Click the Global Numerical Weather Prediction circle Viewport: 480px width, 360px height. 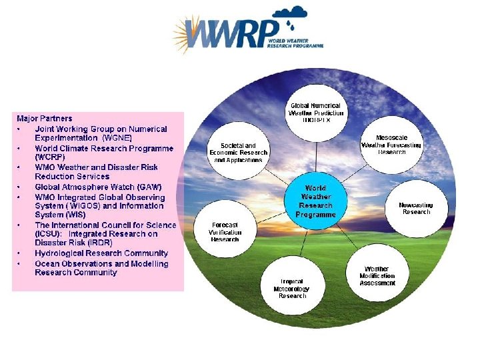pyautogui.click(x=315, y=110)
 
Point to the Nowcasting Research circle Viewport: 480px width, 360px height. pyautogui.click(x=416, y=208)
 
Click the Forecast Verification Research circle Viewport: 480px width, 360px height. pyautogui.click(x=225, y=232)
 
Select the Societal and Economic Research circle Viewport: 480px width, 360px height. pyautogui.click(x=239, y=153)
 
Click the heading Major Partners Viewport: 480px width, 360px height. pyautogui.click(x=45, y=118)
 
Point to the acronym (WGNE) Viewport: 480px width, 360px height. pyautogui.click(x=117, y=137)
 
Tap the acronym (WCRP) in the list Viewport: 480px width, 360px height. pyautogui.click(x=51, y=157)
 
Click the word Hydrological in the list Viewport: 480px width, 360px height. pyautogui.click(x=61, y=253)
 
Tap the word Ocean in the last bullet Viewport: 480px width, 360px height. pyautogui.click(x=47, y=263)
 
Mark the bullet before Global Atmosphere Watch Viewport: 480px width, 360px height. pyautogui.click(x=19, y=187)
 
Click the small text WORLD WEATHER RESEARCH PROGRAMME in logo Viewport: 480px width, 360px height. pyautogui.click(x=295, y=43)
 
